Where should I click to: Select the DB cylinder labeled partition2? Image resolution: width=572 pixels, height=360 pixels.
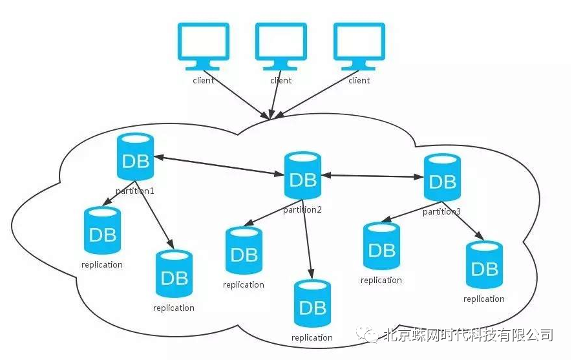302,176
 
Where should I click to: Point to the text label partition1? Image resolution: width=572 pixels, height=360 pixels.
135,191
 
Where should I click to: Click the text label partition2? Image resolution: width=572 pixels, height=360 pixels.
302,209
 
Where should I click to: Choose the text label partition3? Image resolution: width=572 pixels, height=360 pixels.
441,211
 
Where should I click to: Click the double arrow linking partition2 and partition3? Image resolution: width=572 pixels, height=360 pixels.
372,175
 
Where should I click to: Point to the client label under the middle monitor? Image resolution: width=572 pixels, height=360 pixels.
281,81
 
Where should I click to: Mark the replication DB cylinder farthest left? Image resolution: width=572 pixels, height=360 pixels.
102,231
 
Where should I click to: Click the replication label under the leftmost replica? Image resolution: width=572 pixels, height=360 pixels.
102,264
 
